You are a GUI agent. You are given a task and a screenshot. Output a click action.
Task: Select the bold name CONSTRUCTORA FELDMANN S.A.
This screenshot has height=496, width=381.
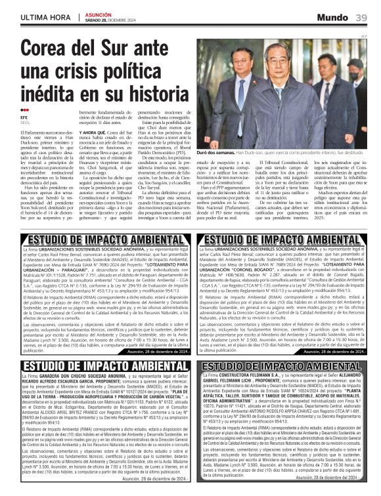252,376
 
